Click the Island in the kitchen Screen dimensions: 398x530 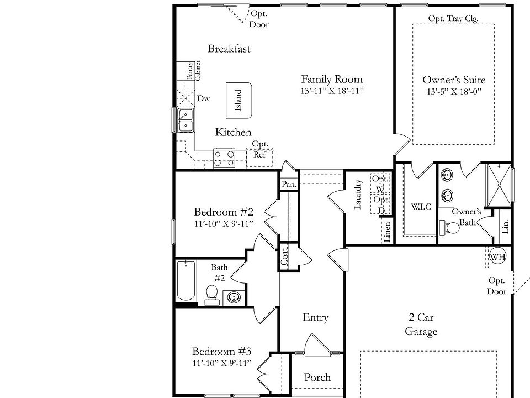click(239, 100)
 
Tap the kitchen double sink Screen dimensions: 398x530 click(185, 120)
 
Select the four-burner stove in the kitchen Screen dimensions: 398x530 click(225, 158)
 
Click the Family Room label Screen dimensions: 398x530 click(331, 79)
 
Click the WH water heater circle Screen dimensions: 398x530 click(497, 256)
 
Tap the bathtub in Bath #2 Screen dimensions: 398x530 click(186, 281)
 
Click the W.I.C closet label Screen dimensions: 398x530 click(421, 207)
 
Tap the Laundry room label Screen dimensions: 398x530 click(358, 194)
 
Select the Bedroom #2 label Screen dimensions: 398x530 click(223, 212)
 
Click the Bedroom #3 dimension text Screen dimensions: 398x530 click(222, 363)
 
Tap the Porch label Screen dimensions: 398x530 click(317, 378)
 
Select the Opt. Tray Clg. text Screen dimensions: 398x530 click(453, 18)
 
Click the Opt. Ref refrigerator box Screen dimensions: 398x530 click(259, 155)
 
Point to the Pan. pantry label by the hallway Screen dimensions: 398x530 click(288, 184)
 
